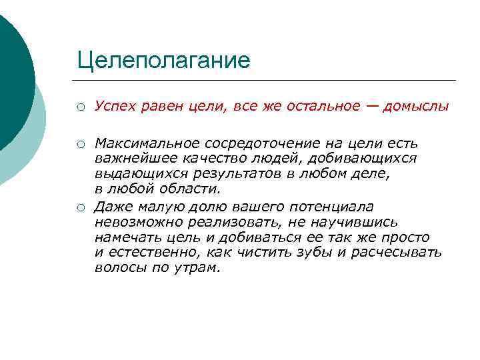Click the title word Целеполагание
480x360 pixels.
(163, 61)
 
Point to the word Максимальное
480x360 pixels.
(137, 144)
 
